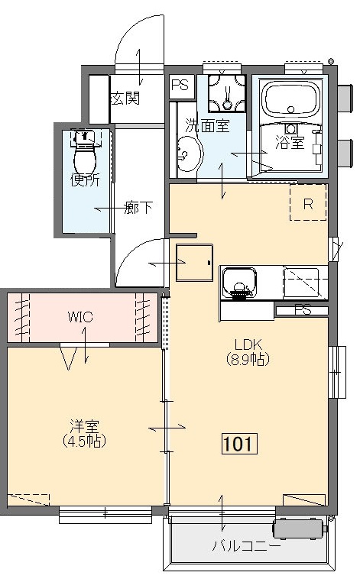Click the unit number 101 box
239,443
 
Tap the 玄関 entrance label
125,99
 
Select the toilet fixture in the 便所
86,153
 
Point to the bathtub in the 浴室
291,99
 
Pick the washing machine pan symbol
227,92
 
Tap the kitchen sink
239,283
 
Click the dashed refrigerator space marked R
308,202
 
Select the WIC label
80,317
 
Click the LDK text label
248,344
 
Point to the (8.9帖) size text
248,359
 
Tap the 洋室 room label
84,426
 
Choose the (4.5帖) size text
84,441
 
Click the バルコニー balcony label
247,545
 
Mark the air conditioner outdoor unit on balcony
300,529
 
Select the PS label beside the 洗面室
180,86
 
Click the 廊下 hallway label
138,208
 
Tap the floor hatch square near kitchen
194,263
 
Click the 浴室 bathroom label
290,142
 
